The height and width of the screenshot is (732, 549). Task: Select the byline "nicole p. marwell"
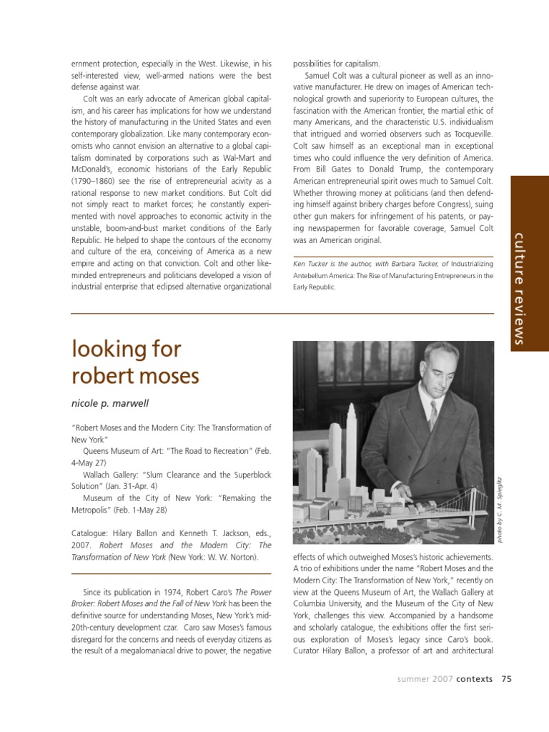tap(109, 403)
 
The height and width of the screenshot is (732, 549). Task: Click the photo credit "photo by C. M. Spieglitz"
tap(501, 509)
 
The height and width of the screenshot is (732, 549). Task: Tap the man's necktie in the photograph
tap(432, 414)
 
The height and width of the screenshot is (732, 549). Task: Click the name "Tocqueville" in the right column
tap(468, 133)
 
